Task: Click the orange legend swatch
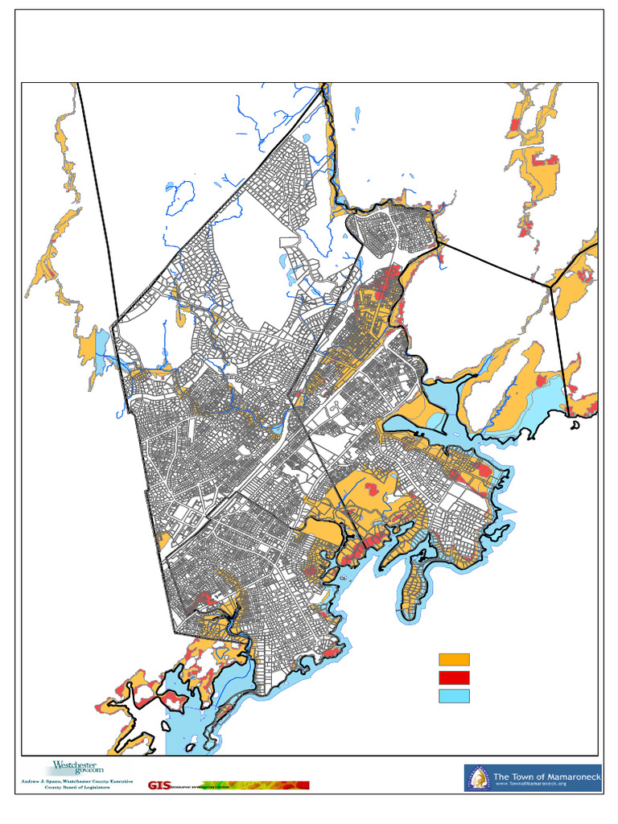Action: pyautogui.click(x=454, y=659)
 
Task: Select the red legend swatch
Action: pyautogui.click(x=454, y=678)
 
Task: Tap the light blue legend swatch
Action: pyautogui.click(x=454, y=696)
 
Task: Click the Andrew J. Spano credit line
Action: pyautogui.click(x=67, y=781)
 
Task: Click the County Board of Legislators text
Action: pyautogui.click(x=67, y=788)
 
